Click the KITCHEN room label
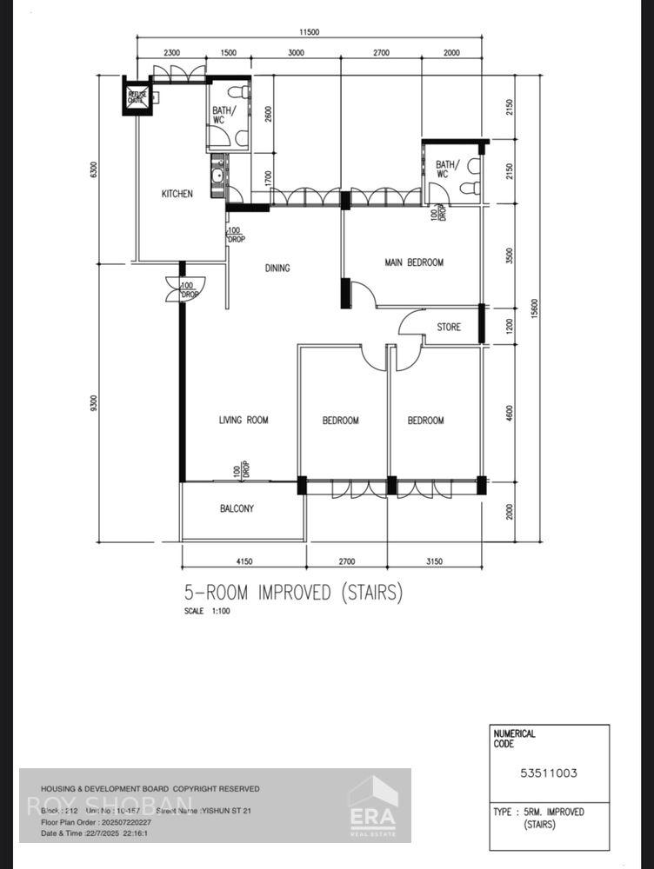tap(177, 194)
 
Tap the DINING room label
tap(277, 269)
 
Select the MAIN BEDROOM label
tap(414, 262)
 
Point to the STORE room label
tap(449, 328)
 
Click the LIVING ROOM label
tap(244, 421)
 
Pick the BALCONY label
tap(237, 508)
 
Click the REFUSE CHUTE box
tap(137, 98)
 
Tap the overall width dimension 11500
tap(310, 32)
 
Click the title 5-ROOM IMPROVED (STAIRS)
tap(293, 593)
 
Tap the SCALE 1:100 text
tap(207, 612)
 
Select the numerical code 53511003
tap(549, 773)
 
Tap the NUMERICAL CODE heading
tap(515, 739)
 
